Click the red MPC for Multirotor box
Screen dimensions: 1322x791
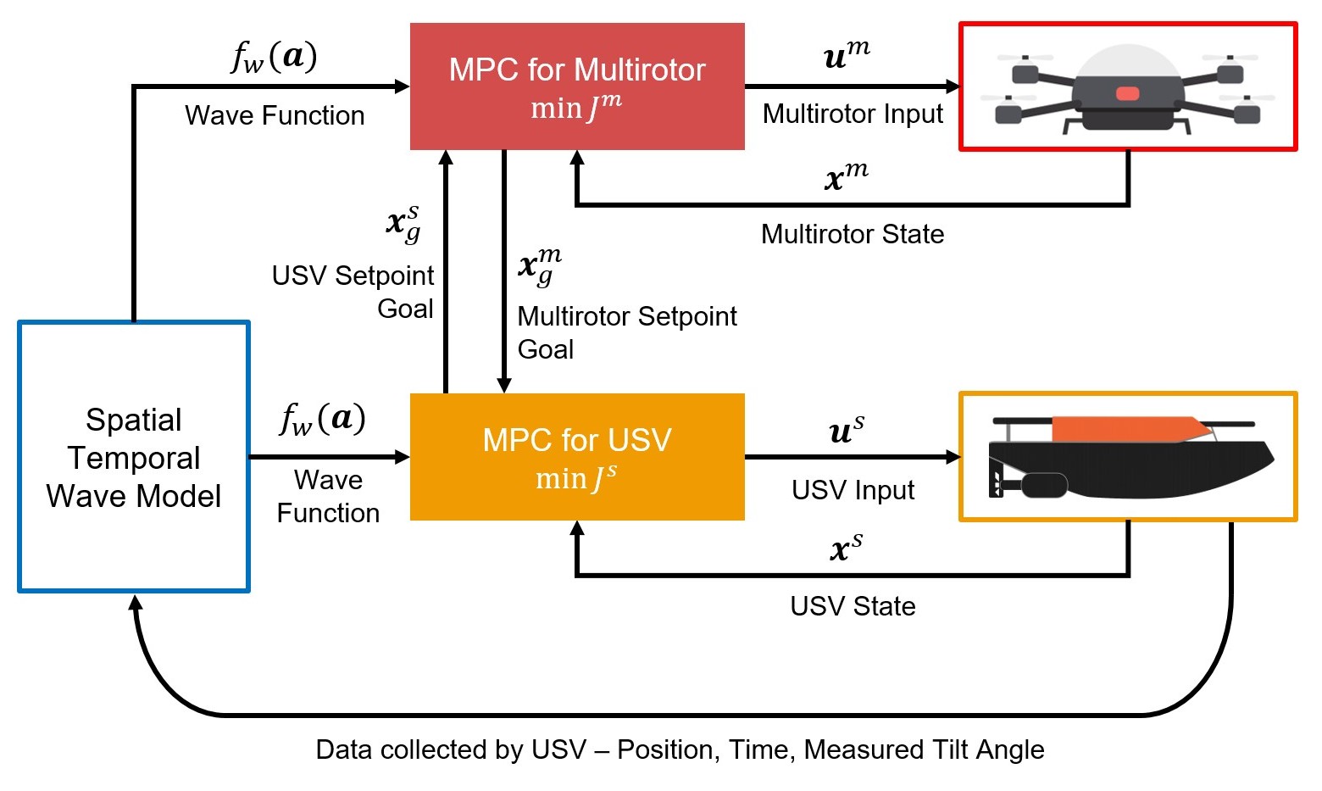coord(577,86)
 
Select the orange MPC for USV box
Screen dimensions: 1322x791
coord(577,457)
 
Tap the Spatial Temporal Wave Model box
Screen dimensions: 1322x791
coord(134,456)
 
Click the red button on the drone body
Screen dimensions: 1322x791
coord(1127,93)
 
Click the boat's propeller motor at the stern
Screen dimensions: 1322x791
coord(1043,485)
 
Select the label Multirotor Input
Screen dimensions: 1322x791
coord(853,114)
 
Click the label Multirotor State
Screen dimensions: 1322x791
coord(853,234)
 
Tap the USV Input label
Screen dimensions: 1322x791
coord(853,491)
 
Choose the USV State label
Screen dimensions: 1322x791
coord(853,606)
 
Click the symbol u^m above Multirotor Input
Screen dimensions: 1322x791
coord(847,55)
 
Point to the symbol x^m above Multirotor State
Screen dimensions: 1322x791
coord(847,175)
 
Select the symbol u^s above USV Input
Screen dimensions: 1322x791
coord(847,430)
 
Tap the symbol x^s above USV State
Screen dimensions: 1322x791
coord(847,547)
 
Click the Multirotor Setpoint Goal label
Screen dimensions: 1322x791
coord(627,333)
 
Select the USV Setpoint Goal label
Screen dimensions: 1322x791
coord(353,292)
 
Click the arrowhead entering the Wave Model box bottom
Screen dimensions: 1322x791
coord(136,603)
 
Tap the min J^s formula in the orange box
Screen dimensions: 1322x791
coord(576,478)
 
